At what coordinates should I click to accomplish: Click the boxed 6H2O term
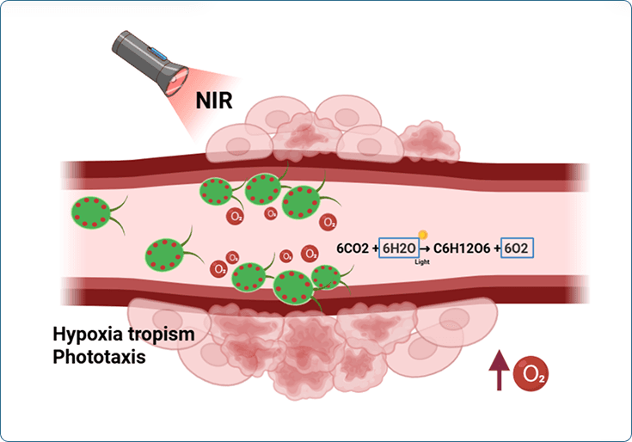(x=400, y=248)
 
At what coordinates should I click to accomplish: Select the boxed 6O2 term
(x=518, y=248)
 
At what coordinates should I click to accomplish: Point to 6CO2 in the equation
(x=358, y=248)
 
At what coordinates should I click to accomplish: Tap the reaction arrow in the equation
(x=424, y=249)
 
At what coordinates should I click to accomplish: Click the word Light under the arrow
(x=422, y=261)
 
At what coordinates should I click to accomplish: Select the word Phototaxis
(x=98, y=355)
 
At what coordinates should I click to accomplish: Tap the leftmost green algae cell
(x=90, y=212)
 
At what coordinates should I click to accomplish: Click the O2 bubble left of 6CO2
(x=328, y=224)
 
